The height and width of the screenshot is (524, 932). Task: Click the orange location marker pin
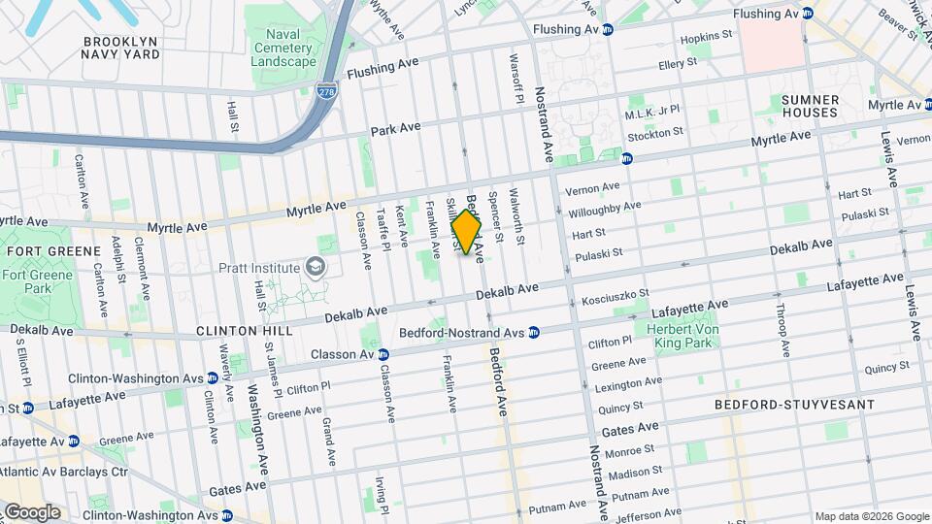467,234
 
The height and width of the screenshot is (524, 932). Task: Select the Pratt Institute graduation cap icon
315,267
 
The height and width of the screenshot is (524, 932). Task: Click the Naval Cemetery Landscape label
283,48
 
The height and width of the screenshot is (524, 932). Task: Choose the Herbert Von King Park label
686,336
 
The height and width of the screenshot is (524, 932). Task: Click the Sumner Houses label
810,106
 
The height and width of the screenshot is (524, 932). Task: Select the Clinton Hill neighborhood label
244,331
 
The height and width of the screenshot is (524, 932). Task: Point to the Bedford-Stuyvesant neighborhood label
793,404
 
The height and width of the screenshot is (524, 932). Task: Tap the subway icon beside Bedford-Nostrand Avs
534,332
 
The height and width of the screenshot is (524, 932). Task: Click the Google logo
31,511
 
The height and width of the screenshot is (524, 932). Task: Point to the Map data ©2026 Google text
871,516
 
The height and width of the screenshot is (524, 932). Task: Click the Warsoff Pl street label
517,79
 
